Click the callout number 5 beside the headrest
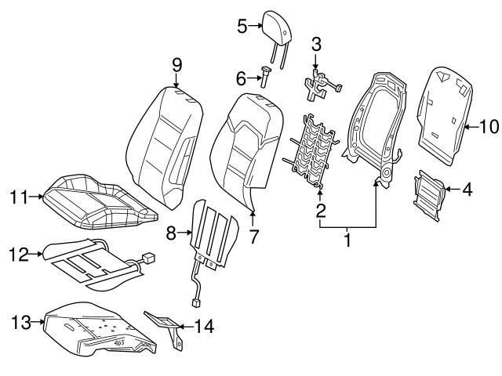242,27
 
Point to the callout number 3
316,45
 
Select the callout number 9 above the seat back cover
176,63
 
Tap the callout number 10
489,125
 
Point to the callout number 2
320,209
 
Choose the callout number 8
172,232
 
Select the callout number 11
17,197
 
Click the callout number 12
17,254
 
